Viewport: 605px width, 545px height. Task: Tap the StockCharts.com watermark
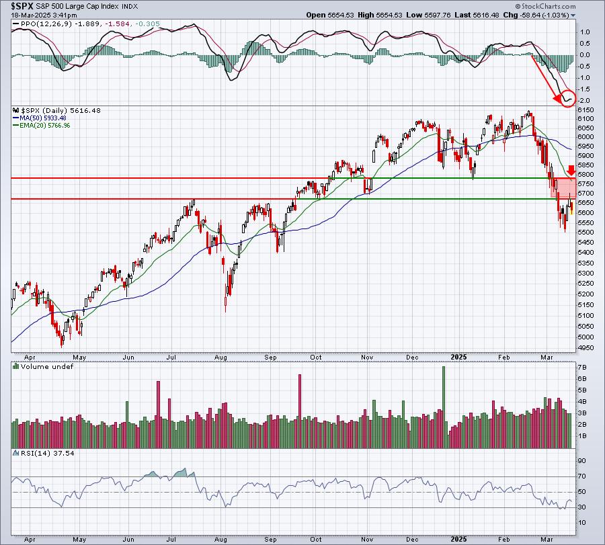pyautogui.click(x=545, y=6)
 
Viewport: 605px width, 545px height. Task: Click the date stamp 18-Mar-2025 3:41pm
pyautogui.click(x=44, y=15)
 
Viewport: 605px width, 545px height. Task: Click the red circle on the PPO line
pyautogui.click(x=568, y=98)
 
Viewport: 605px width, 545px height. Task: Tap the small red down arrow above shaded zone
pyautogui.click(x=571, y=170)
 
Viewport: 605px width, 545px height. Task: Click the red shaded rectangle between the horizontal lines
pyautogui.click(x=563, y=189)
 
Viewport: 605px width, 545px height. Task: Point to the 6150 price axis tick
pyautogui.click(x=586, y=110)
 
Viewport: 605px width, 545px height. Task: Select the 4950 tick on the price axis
pyautogui.click(x=586, y=347)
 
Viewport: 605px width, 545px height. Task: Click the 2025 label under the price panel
pyautogui.click(x=458, y=357)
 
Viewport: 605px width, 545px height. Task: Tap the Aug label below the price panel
pyautogui.click(x=220, y=357)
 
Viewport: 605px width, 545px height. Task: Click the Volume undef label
pyautogui.click(x=46, y=366)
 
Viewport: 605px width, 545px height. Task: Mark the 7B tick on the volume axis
pyautogui.click(x=582, y=366)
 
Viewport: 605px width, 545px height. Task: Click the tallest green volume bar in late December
pyautogui.click(x=444, y=407)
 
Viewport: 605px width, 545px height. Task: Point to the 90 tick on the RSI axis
pyautogui.click(x=582, y=461)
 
